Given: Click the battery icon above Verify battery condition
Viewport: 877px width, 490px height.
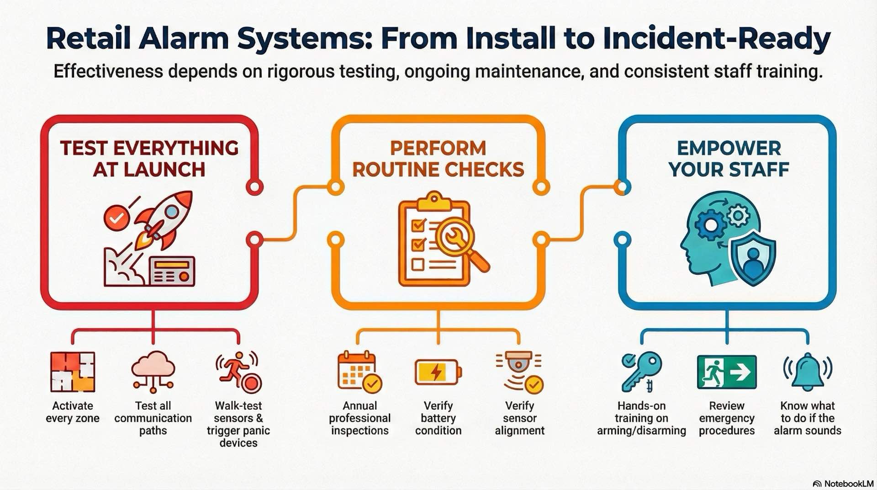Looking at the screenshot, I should point(438,372).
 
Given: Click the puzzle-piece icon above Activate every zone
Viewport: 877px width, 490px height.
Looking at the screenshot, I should point(73,372).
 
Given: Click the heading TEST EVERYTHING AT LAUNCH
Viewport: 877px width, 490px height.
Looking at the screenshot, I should point(149,159).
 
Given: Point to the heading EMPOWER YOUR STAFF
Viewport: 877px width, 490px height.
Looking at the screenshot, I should point(729,159).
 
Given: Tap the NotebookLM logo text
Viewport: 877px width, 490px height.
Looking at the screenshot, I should point(848,484).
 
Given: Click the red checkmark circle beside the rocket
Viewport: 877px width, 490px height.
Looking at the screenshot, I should point(116,218).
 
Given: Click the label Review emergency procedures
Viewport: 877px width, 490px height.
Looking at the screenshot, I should point(726,418).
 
